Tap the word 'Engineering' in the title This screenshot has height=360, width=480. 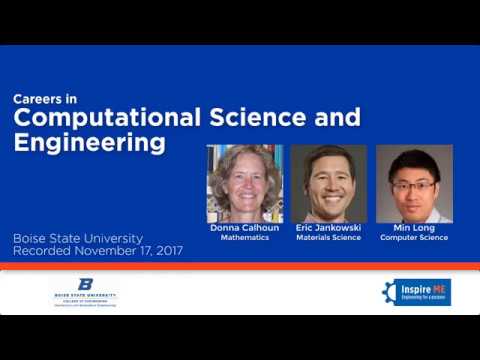pos(89,142)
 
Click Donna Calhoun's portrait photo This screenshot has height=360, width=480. pos(244,183)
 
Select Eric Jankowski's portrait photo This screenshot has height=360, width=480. pos(328,183)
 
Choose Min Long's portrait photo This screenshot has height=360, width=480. pos(414,183)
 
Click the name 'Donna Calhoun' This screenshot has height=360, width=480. pos(244,229)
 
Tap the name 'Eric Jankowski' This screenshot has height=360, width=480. pos(328,229)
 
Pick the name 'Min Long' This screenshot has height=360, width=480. pos(414,229)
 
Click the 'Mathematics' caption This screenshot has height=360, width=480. pos(244,238)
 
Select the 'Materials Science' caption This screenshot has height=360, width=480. pos(328,238)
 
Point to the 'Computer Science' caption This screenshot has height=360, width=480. pos(414,238)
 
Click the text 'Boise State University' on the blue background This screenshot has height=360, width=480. pos(78,239)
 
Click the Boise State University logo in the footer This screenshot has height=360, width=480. pos(86,291)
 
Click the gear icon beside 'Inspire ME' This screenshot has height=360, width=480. pos(390,292)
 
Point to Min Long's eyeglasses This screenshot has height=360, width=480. pos(412,185)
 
